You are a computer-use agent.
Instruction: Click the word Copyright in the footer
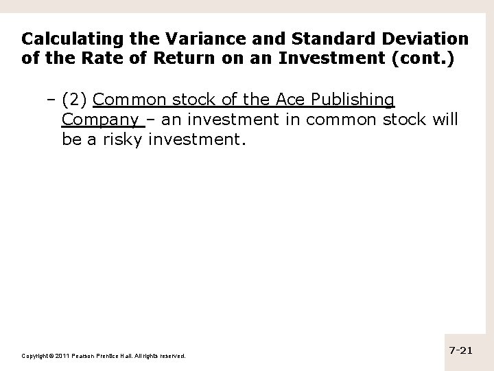pyautogui.click(x=38, y=356)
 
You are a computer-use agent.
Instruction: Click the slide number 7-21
pyautogui.click(x=461, y=350)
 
